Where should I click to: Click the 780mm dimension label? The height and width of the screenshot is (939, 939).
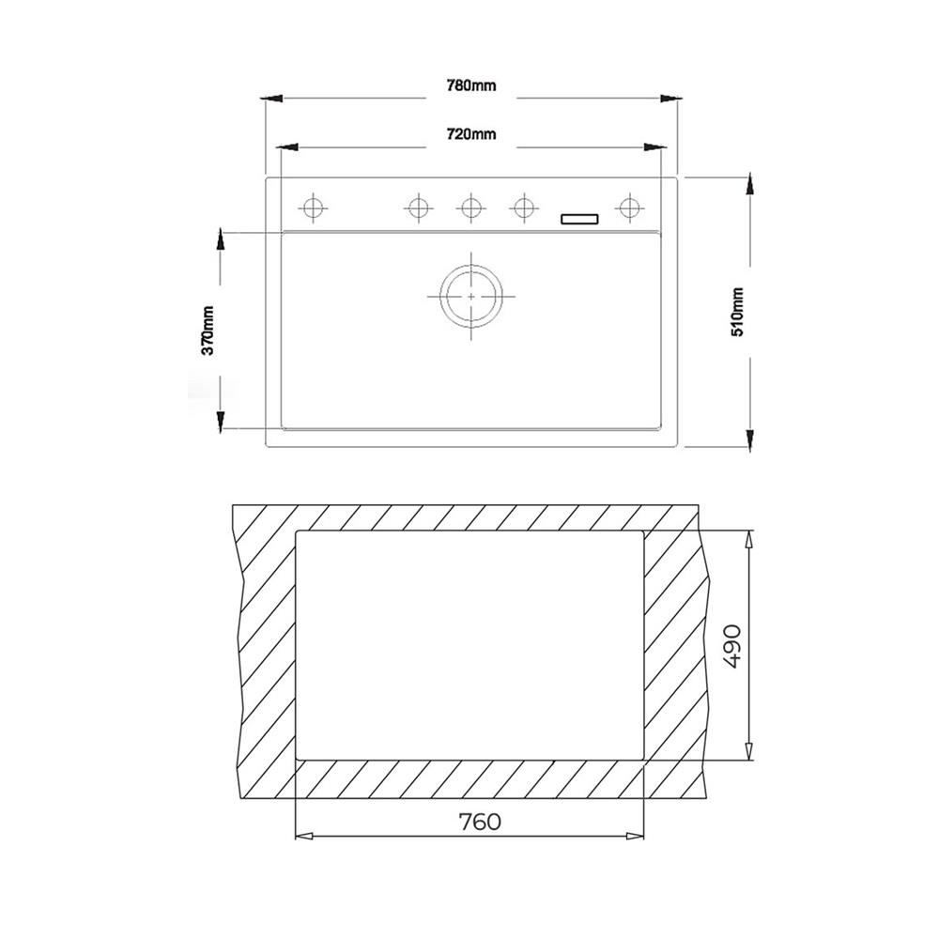(471, 85)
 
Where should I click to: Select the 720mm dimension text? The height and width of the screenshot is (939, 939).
(471, 134)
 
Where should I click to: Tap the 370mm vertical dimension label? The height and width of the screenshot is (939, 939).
(208, 331)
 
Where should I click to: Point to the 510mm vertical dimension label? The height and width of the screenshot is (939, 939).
(737, 312)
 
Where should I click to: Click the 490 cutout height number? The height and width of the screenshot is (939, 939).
(731, 647)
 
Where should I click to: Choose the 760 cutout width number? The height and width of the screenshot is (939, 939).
(480, 823)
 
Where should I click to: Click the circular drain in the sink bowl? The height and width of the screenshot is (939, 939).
(471, 297)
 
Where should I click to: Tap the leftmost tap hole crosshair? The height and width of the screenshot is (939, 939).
(314, 208)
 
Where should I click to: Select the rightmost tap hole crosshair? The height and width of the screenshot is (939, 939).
(629, 208)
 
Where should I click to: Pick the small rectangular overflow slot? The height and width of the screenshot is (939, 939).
(579, 219)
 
